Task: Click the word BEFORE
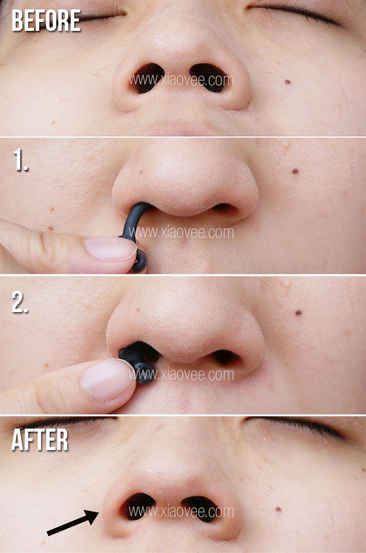(x=46, y=20)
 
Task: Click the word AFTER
(x=40, y=440)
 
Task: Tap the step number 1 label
(x=21, y=160)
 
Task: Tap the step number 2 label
(x=20, y=302)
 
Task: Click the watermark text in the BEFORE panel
(x=181, y=80)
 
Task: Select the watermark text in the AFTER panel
(x=181, y=511)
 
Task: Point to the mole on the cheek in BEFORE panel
(x=288, y=82)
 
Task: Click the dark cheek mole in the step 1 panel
(x=295, y=171)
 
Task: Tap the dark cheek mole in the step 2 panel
(x=298, y=313)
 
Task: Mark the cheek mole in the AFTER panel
(x=278, y=509)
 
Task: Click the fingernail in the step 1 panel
(x=110, y=248)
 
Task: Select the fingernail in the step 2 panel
(x=107, y=379)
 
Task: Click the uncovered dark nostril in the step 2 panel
(x=225, y=357)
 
